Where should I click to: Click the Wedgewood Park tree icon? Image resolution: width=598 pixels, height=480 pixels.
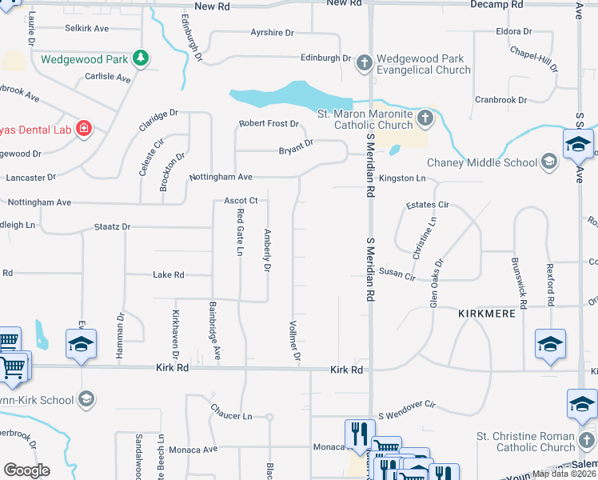(x=141, y=58)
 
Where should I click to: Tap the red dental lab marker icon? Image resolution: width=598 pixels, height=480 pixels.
(x=83, y=128)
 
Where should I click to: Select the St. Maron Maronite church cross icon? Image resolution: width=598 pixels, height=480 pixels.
(x=424, y=119)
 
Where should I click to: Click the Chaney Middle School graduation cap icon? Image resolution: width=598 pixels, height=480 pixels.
(x=548, y=162)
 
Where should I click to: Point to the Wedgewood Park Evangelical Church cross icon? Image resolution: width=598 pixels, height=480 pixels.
(x=364, y=63)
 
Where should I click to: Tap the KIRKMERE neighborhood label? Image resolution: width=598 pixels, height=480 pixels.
(x=486, y=313)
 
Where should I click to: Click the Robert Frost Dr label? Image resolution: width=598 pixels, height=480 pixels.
(x=269, y=124)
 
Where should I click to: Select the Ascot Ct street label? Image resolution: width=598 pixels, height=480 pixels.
(x=240, y=200)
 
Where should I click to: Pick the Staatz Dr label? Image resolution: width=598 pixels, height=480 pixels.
(x=112, y=227)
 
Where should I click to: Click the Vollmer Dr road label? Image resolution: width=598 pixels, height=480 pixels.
(x=296, y=341)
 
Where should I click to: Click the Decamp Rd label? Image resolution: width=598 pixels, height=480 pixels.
(x=496, y=4)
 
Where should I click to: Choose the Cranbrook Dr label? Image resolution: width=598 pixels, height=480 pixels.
(x=500, y=100)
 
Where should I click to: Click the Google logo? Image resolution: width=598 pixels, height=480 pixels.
(x=26, y=470)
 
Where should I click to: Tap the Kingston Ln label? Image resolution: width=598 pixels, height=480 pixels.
(x=402, y=178)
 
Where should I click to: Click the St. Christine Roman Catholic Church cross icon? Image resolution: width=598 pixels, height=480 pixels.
(x=585, y=441)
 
